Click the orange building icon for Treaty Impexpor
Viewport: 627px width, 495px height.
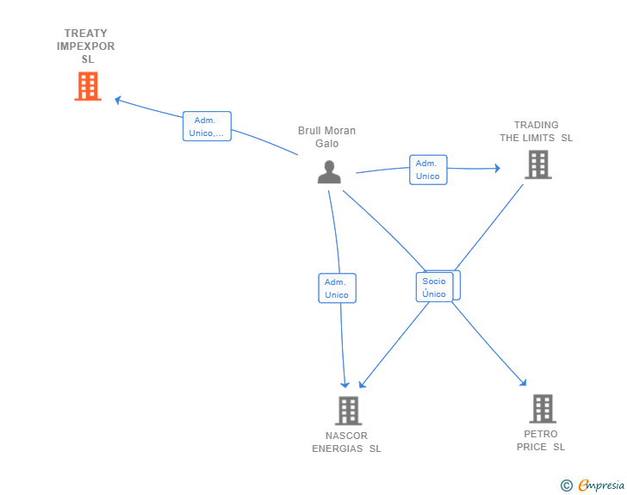coord(88,86)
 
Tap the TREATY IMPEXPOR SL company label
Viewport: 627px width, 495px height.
coord(85,46)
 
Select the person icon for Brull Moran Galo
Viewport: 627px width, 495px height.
coord(329,172)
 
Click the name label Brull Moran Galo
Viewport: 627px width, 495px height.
coord(326,137)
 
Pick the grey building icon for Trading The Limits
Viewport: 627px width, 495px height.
coord(538,164)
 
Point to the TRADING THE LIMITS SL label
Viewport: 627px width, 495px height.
coord(537,132)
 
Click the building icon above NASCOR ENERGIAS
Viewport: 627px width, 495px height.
coord(348,411)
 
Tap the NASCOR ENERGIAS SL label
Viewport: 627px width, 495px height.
coord(346,442)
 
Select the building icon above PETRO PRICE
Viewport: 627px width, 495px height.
coord(543,409)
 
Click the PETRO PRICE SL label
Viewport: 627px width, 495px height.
coord(541,440)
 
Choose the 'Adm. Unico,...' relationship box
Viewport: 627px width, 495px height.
coord(207,127)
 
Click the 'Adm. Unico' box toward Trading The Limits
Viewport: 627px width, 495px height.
coord(428,170)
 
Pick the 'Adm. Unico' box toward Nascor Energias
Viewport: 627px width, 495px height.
coord(337,288)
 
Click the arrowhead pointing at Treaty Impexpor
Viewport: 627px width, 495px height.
coord(118,100)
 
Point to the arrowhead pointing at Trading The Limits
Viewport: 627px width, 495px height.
coord(498,168)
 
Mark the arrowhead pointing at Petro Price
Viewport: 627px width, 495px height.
coord(523,382)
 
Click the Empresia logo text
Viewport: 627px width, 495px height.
coord(601,485)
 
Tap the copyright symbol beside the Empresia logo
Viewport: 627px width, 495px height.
coord(566,486)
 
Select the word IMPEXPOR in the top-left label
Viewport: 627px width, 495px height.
coord(85,46)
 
